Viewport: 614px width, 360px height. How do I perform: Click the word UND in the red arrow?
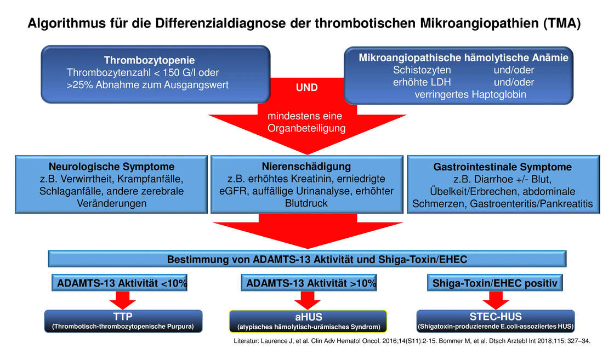click(x=306, y=88)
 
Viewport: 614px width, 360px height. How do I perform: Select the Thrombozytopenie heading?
click(x=149, y=60)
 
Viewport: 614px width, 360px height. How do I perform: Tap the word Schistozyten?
click(x=422, y=70)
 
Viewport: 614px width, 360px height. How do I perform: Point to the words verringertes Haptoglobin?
click(x=470, y=95)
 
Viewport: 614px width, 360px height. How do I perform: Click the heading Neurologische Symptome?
click(x=112, y=167)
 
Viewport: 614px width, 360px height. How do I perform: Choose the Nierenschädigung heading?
click(x=306, y=167)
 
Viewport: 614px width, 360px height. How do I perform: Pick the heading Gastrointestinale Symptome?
click(x=502, y=167)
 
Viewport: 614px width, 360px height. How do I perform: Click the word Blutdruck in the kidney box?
click(x=306, y=203)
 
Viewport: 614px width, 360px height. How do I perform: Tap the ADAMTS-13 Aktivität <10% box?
click(x=120, y=283)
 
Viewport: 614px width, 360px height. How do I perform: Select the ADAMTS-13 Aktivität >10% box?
click(x=309, y=283)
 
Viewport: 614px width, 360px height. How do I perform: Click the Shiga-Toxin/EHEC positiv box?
click(x=494, y=283)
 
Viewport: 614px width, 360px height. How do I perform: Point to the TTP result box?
click(x=123, y=321)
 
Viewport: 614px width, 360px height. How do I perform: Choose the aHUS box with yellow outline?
click(x=308, y=321)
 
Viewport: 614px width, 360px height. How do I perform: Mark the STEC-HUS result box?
click(x=496, y=321)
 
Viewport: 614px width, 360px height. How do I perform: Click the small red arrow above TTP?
click(x=123, y=300)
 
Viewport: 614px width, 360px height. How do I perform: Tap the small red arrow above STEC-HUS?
click(x=496, y=300)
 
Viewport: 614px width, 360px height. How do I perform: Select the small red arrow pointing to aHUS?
click(x=308, y=300)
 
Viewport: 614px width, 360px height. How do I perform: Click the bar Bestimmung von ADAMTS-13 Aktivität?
click(x=307, y=259)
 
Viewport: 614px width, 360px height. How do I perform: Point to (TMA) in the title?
click(x=561, y=24)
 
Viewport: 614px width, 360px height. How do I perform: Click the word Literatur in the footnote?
click(x=246, y=341)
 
